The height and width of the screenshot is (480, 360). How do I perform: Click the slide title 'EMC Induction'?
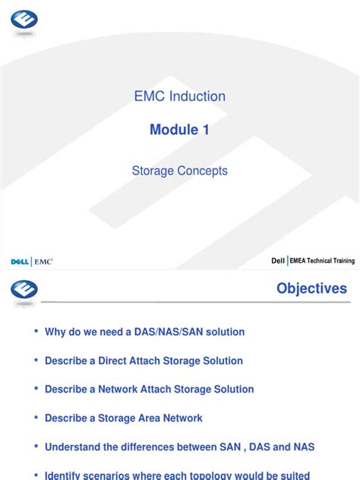[x=179, y=96]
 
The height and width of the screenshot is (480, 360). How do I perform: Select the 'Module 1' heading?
[x=179, y=130]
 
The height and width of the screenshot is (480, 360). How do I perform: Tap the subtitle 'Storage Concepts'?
[x=179, y=171]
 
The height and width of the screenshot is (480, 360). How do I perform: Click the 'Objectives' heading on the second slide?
[x=311, y=289]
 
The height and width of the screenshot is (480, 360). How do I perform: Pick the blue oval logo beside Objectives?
[x=24, y=289]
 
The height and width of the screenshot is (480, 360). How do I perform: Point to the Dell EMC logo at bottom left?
[x=31, y=261]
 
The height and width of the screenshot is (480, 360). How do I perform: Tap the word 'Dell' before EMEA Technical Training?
[x=278, y=261]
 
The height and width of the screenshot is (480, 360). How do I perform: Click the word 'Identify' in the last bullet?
[x=65, y=475]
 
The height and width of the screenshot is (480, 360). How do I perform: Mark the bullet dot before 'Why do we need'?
[x=35, y=332]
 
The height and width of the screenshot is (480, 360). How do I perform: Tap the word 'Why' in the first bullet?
[x=55, y=332]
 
